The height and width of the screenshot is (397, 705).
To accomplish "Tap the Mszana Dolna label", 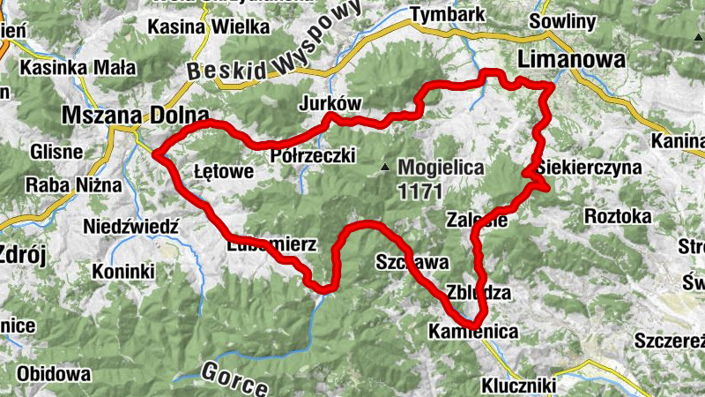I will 135,116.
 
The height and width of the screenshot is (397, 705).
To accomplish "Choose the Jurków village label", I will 330,102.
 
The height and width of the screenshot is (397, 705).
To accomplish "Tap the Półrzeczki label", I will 313,156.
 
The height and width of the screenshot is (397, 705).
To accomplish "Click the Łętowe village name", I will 224,170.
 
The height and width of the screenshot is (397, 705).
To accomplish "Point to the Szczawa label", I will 412,262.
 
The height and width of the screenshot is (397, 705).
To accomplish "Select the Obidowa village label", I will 54,374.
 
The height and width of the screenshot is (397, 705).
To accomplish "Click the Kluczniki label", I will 517,386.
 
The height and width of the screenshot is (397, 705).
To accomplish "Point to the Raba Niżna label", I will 66,185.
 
